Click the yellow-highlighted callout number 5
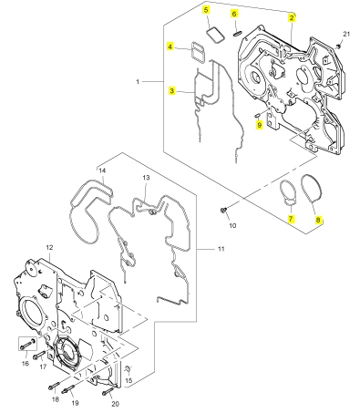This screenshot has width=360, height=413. coord(206,10)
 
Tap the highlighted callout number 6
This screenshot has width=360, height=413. coord(234,14)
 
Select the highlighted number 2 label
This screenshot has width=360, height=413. coord(292,17)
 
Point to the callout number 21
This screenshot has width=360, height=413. coord(346,34)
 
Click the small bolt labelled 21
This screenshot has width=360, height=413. coord(338,46)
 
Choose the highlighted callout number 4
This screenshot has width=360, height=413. coord(170,46)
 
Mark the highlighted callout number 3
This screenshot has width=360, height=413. coord(172,90)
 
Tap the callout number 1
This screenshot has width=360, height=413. coord(138,82)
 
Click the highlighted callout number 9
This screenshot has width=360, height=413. coord(259,125)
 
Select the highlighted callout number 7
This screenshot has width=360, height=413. coord(291,219)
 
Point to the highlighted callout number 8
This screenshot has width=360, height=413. coord(318,220)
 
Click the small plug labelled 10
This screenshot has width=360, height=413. coord(222,210)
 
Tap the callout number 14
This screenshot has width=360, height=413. coord(102,170)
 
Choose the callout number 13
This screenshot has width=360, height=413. coord(146,178)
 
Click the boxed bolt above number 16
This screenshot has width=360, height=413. coord(27,345)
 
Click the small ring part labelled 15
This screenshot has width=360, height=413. coord(128,369)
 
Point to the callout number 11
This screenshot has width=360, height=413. coord(221,249)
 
